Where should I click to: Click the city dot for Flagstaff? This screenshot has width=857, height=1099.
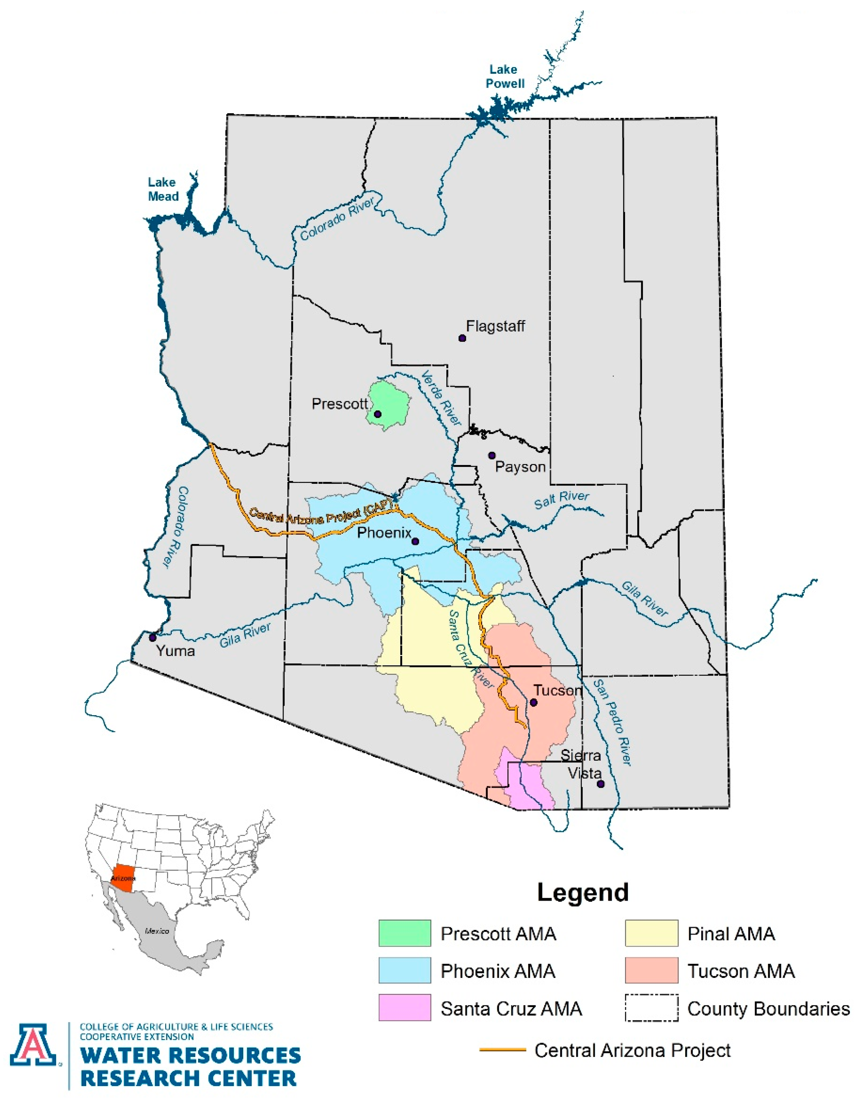[462, 338]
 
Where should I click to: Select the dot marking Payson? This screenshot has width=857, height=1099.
[492, 455]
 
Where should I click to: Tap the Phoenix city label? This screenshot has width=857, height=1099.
[384, 532]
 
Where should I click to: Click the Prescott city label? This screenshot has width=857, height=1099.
[340, 403]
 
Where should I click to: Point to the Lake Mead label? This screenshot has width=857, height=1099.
[163, 189]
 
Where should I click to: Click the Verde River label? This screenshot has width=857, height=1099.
[441, 398]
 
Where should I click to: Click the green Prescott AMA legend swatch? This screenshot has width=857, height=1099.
[405, 934]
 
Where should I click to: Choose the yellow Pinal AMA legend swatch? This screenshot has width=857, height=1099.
[651, 934]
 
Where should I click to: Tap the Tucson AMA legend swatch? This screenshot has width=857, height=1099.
[651, 970]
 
